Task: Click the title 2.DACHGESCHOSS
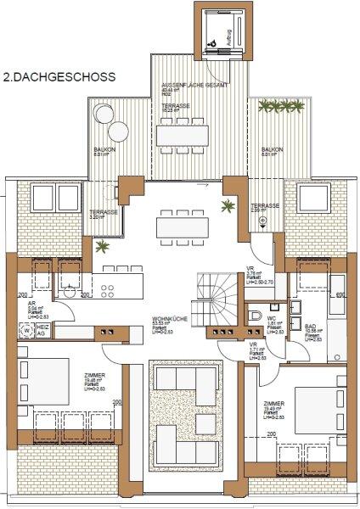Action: point(60,76)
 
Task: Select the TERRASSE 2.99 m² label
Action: point(264,208)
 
